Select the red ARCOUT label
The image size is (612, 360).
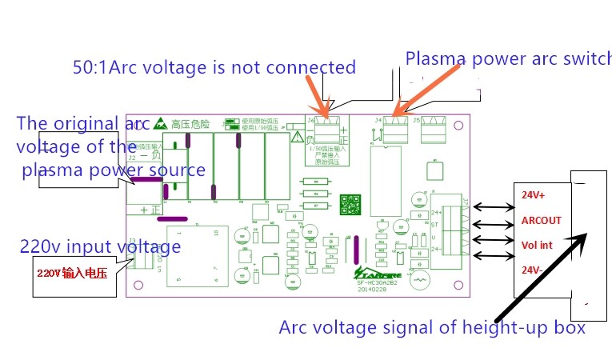click(x=541, y=220)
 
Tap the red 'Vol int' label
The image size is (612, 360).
click(x=538, y=245)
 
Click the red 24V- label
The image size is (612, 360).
click(x=532, y=270)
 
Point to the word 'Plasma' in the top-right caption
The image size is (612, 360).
click(x=433, y=58)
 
